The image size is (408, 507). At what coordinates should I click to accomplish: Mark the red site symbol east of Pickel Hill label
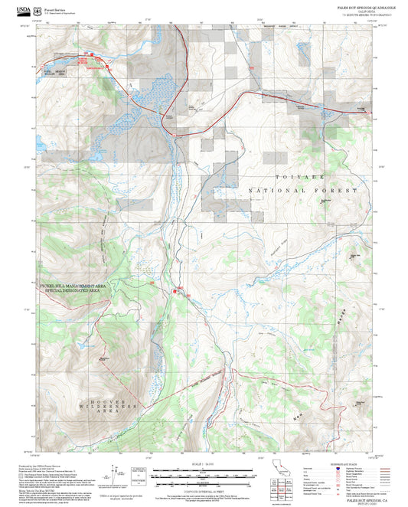(x=178, y=290)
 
